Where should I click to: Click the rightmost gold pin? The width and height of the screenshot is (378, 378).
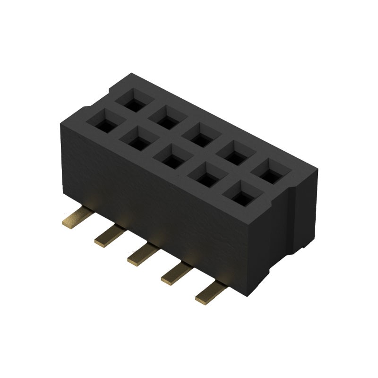210,293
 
